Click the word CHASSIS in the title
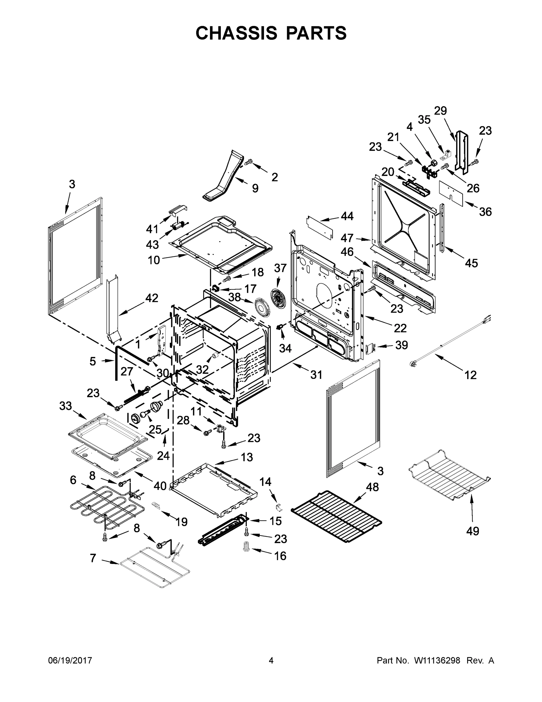point(236,33)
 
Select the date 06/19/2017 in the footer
point(70,660)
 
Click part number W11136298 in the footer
point(437,660)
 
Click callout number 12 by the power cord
point(470,374)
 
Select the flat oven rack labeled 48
point(336,516)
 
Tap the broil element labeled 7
point(154,568)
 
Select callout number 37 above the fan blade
point(280,268)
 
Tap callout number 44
point(347,216)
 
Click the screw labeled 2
point(249,162)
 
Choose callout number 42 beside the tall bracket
point(152,298)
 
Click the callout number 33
point(65,406)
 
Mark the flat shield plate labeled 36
point(451,193)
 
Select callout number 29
point(440,111)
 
